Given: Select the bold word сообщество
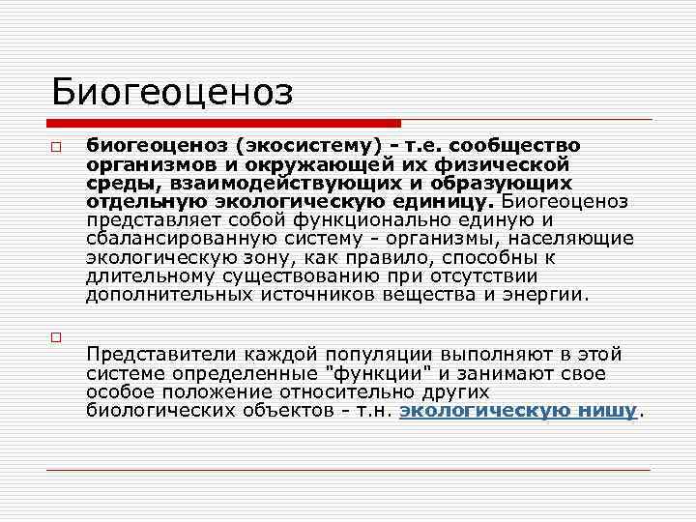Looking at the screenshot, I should coord(518,146).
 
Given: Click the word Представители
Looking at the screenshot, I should coord(158,356).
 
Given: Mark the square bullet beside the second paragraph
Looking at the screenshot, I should coord(57,337).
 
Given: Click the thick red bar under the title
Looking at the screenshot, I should coord(223,123).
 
